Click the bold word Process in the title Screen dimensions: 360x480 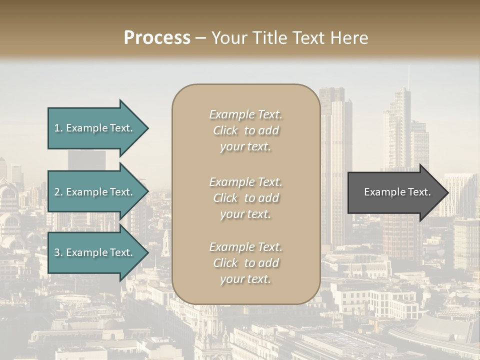(x=157, y=38)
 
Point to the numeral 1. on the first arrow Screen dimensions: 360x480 (x=58, y=128)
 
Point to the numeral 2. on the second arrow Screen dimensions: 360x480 (x=58, y=192)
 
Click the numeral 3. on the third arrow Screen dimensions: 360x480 (x=58, y=252)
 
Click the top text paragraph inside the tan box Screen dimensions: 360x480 (x=245, y=130)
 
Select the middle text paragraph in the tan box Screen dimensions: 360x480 (x=245, y=198)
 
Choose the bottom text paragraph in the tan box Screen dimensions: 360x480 (x=245, y=263)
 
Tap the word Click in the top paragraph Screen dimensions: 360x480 (x=225, y=130)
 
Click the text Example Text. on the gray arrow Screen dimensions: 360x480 (x=397, y=192)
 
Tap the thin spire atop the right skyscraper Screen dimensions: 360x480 (x=408, y=77)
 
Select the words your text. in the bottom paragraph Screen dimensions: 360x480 (x=245, y=279)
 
